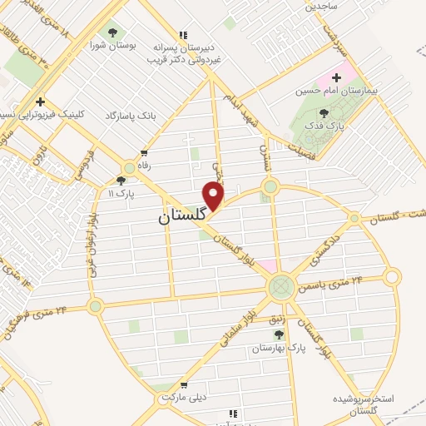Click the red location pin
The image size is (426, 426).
click(215, 196)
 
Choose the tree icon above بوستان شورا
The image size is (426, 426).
click(113, 32)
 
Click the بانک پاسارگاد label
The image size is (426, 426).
click(131, 116)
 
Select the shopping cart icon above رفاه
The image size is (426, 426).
click(145, 152)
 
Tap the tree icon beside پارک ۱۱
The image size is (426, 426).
click(121, 180)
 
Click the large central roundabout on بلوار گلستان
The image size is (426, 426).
click(280, 288)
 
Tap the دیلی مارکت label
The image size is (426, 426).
click(184, 398)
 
